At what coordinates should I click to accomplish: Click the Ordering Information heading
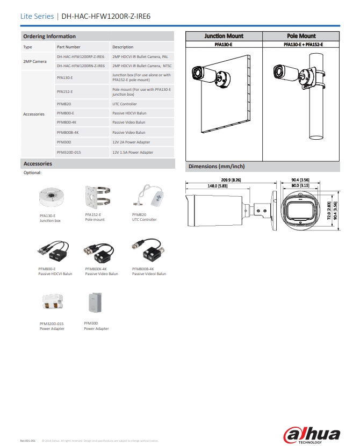pos(49,36)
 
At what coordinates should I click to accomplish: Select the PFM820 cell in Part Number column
pos(63,104)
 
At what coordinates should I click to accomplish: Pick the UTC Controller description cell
pos(125,104)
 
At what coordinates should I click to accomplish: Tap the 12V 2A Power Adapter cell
pos(131,142)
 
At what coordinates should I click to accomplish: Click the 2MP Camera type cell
pos(35,61)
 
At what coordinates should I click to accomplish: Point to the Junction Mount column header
pos(224,36)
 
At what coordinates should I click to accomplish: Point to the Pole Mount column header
pos(301,36)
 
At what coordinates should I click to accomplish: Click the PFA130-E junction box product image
pos(51,197)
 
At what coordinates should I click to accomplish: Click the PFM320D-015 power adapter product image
pos(53,304)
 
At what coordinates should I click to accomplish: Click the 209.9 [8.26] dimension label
pos(231,180)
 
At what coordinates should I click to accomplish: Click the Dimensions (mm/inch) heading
pos(217,167)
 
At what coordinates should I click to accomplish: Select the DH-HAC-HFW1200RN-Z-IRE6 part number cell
pos(81,66)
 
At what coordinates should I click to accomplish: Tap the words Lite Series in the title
pos(37,16)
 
